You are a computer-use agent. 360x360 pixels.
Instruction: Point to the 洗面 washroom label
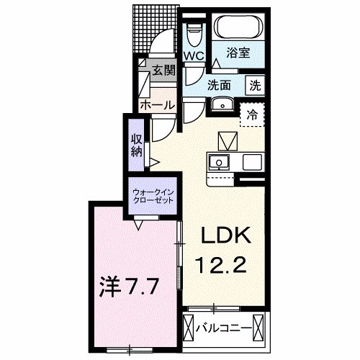click(x=219, y=84)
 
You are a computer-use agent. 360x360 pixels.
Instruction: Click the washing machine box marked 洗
click(x=255, y=84)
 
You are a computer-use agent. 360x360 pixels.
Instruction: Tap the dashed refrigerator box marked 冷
click(x=252, y=113)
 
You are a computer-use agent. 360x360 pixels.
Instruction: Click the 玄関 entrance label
click(x=163, y=70)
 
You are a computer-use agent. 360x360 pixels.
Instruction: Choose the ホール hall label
click(x=157, y=105)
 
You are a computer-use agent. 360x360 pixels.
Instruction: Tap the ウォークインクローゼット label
click(x=152, y=196)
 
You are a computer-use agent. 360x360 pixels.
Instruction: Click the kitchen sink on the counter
click(x=218, y=161)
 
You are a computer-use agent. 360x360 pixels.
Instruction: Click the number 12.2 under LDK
click(x=223, y=266)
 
